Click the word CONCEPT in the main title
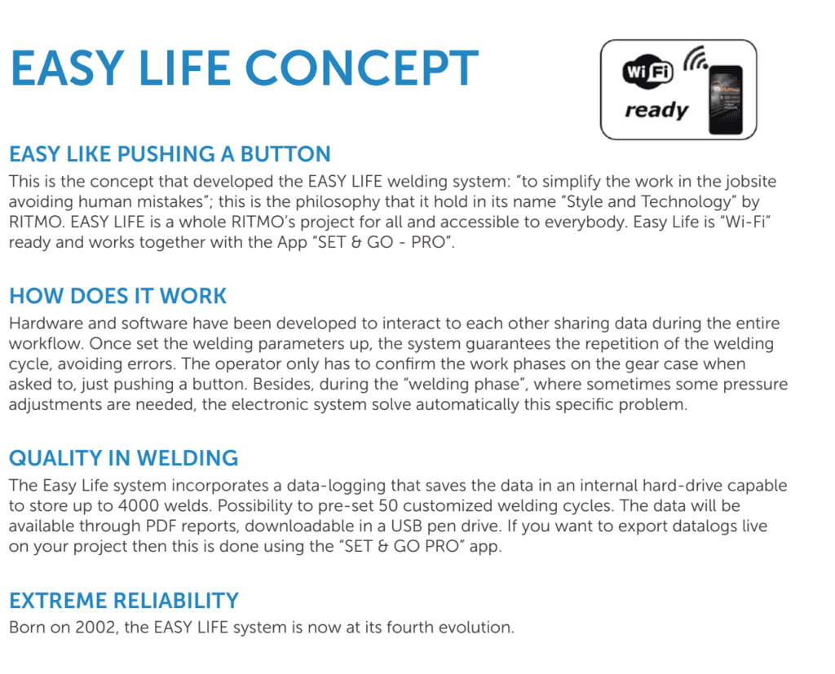click(361, 68)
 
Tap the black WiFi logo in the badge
click(647, 71)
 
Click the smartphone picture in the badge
click(725, 100)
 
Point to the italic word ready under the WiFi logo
click(657, 110)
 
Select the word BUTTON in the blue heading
click(285, 154)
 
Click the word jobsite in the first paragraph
click(750, 182)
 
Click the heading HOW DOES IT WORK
click(117, 296)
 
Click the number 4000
click(139, 506)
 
